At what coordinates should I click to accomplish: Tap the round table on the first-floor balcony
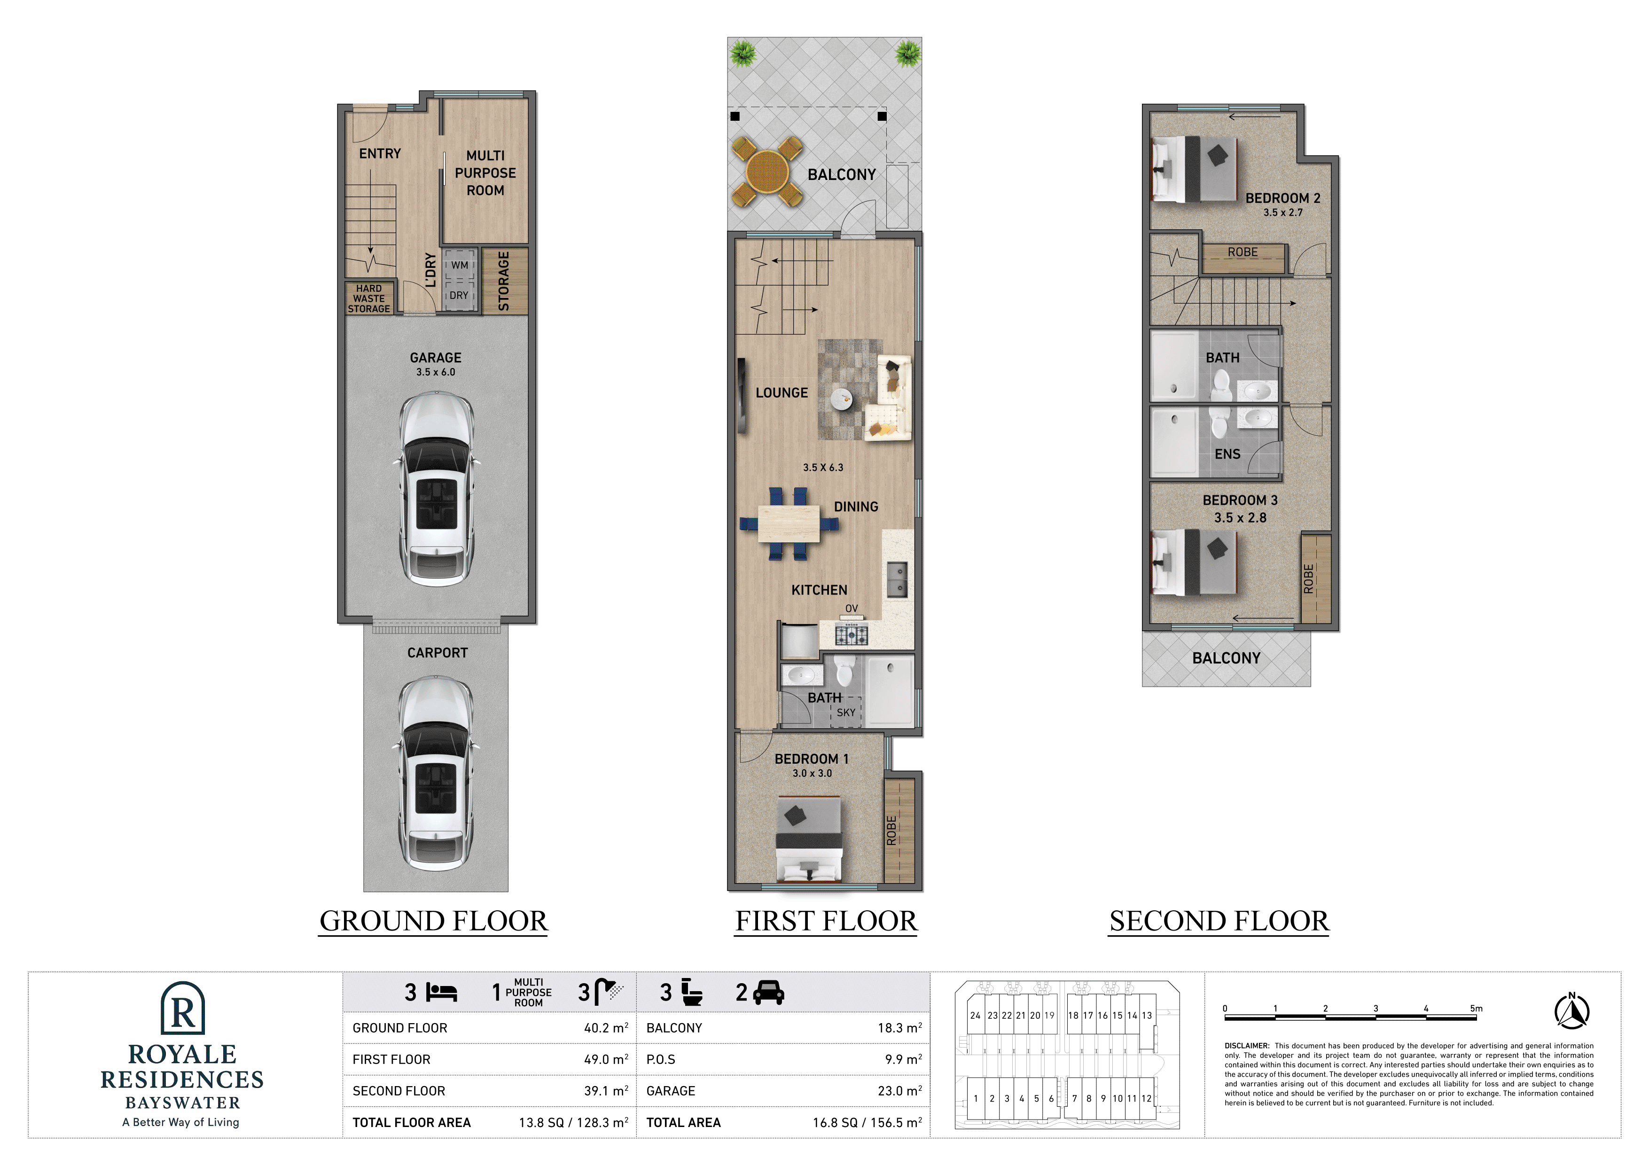pyautogui.click(x=767, y=172)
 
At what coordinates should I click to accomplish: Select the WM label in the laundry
pyautogui.click(x=460, y=265)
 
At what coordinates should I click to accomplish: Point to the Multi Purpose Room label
pyautogui.click(x=485, y=173)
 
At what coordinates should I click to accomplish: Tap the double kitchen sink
pyautogui.click(x=898, y=580)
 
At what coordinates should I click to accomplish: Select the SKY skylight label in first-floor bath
pyautogui.click(x=846, y=712)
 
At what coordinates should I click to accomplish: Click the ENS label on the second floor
pyautogui.click(x=1227, y=454)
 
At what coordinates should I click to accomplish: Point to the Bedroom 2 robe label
pyautogui.click(x=1243, y=252)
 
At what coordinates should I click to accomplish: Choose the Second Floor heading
pyautogui.click(x=1219, y=921)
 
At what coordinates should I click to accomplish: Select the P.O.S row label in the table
pyautogui.click(x=661, y=1060)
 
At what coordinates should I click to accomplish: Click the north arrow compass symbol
pyautogui.click(x=1572, y=1011)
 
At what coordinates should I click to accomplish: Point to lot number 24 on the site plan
pyautogui.click(x=975, y=1015)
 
